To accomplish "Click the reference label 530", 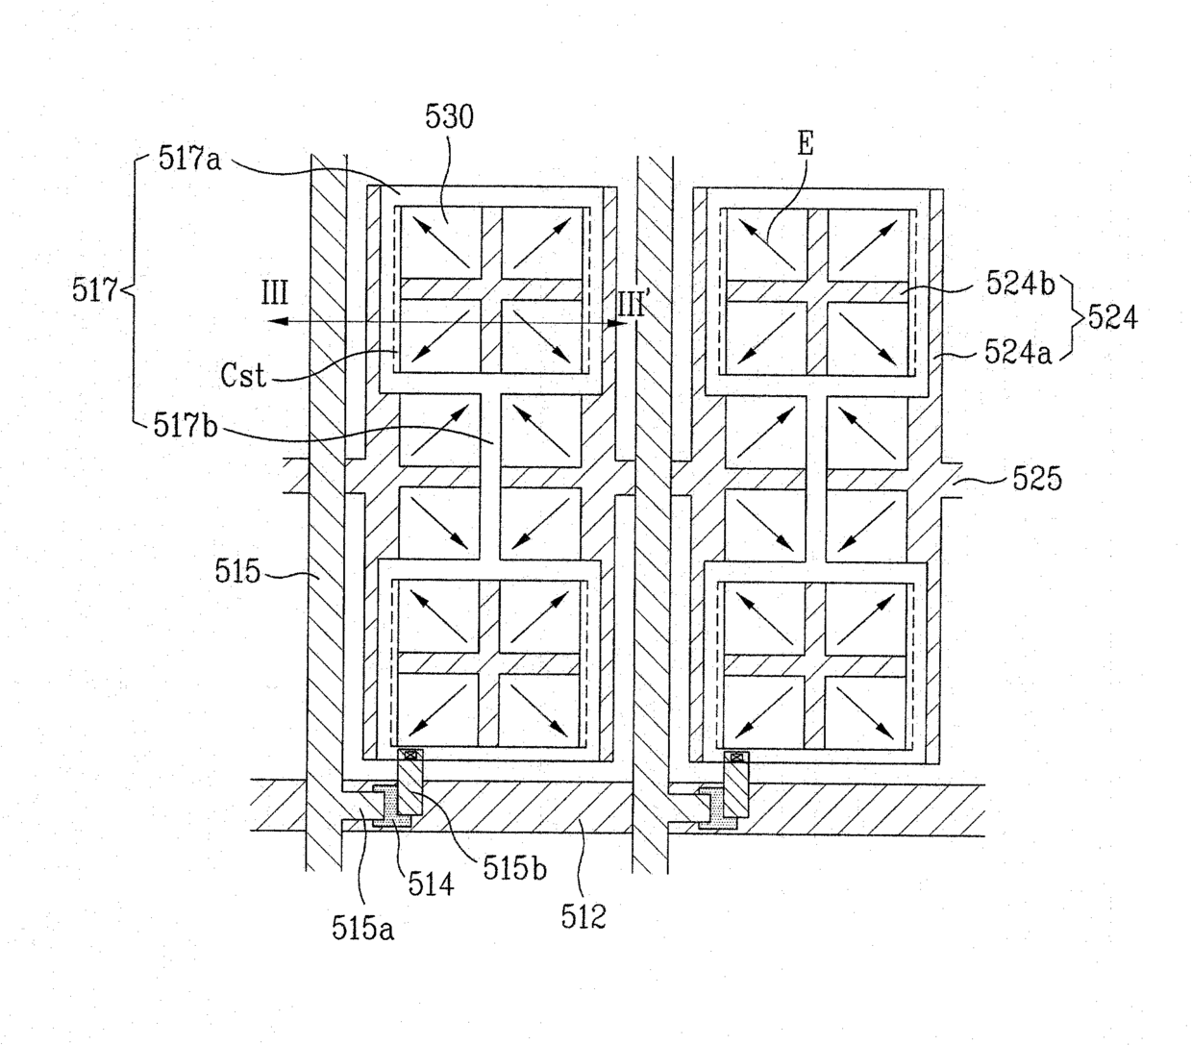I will pyautogui.click(x=450, y=118).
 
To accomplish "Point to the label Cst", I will pyautogui.click(x=242, y=375).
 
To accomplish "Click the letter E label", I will pyautogui.click(x=805, y=144).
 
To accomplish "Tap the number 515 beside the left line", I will pyautogui.click(x=237, y=572).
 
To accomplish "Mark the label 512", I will pyautogui.click(x=584, y=916).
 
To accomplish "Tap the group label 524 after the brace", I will pyautogui.click(x=1112, y=316).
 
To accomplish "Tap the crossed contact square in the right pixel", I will pyautogui.click(x=737, y=757).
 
